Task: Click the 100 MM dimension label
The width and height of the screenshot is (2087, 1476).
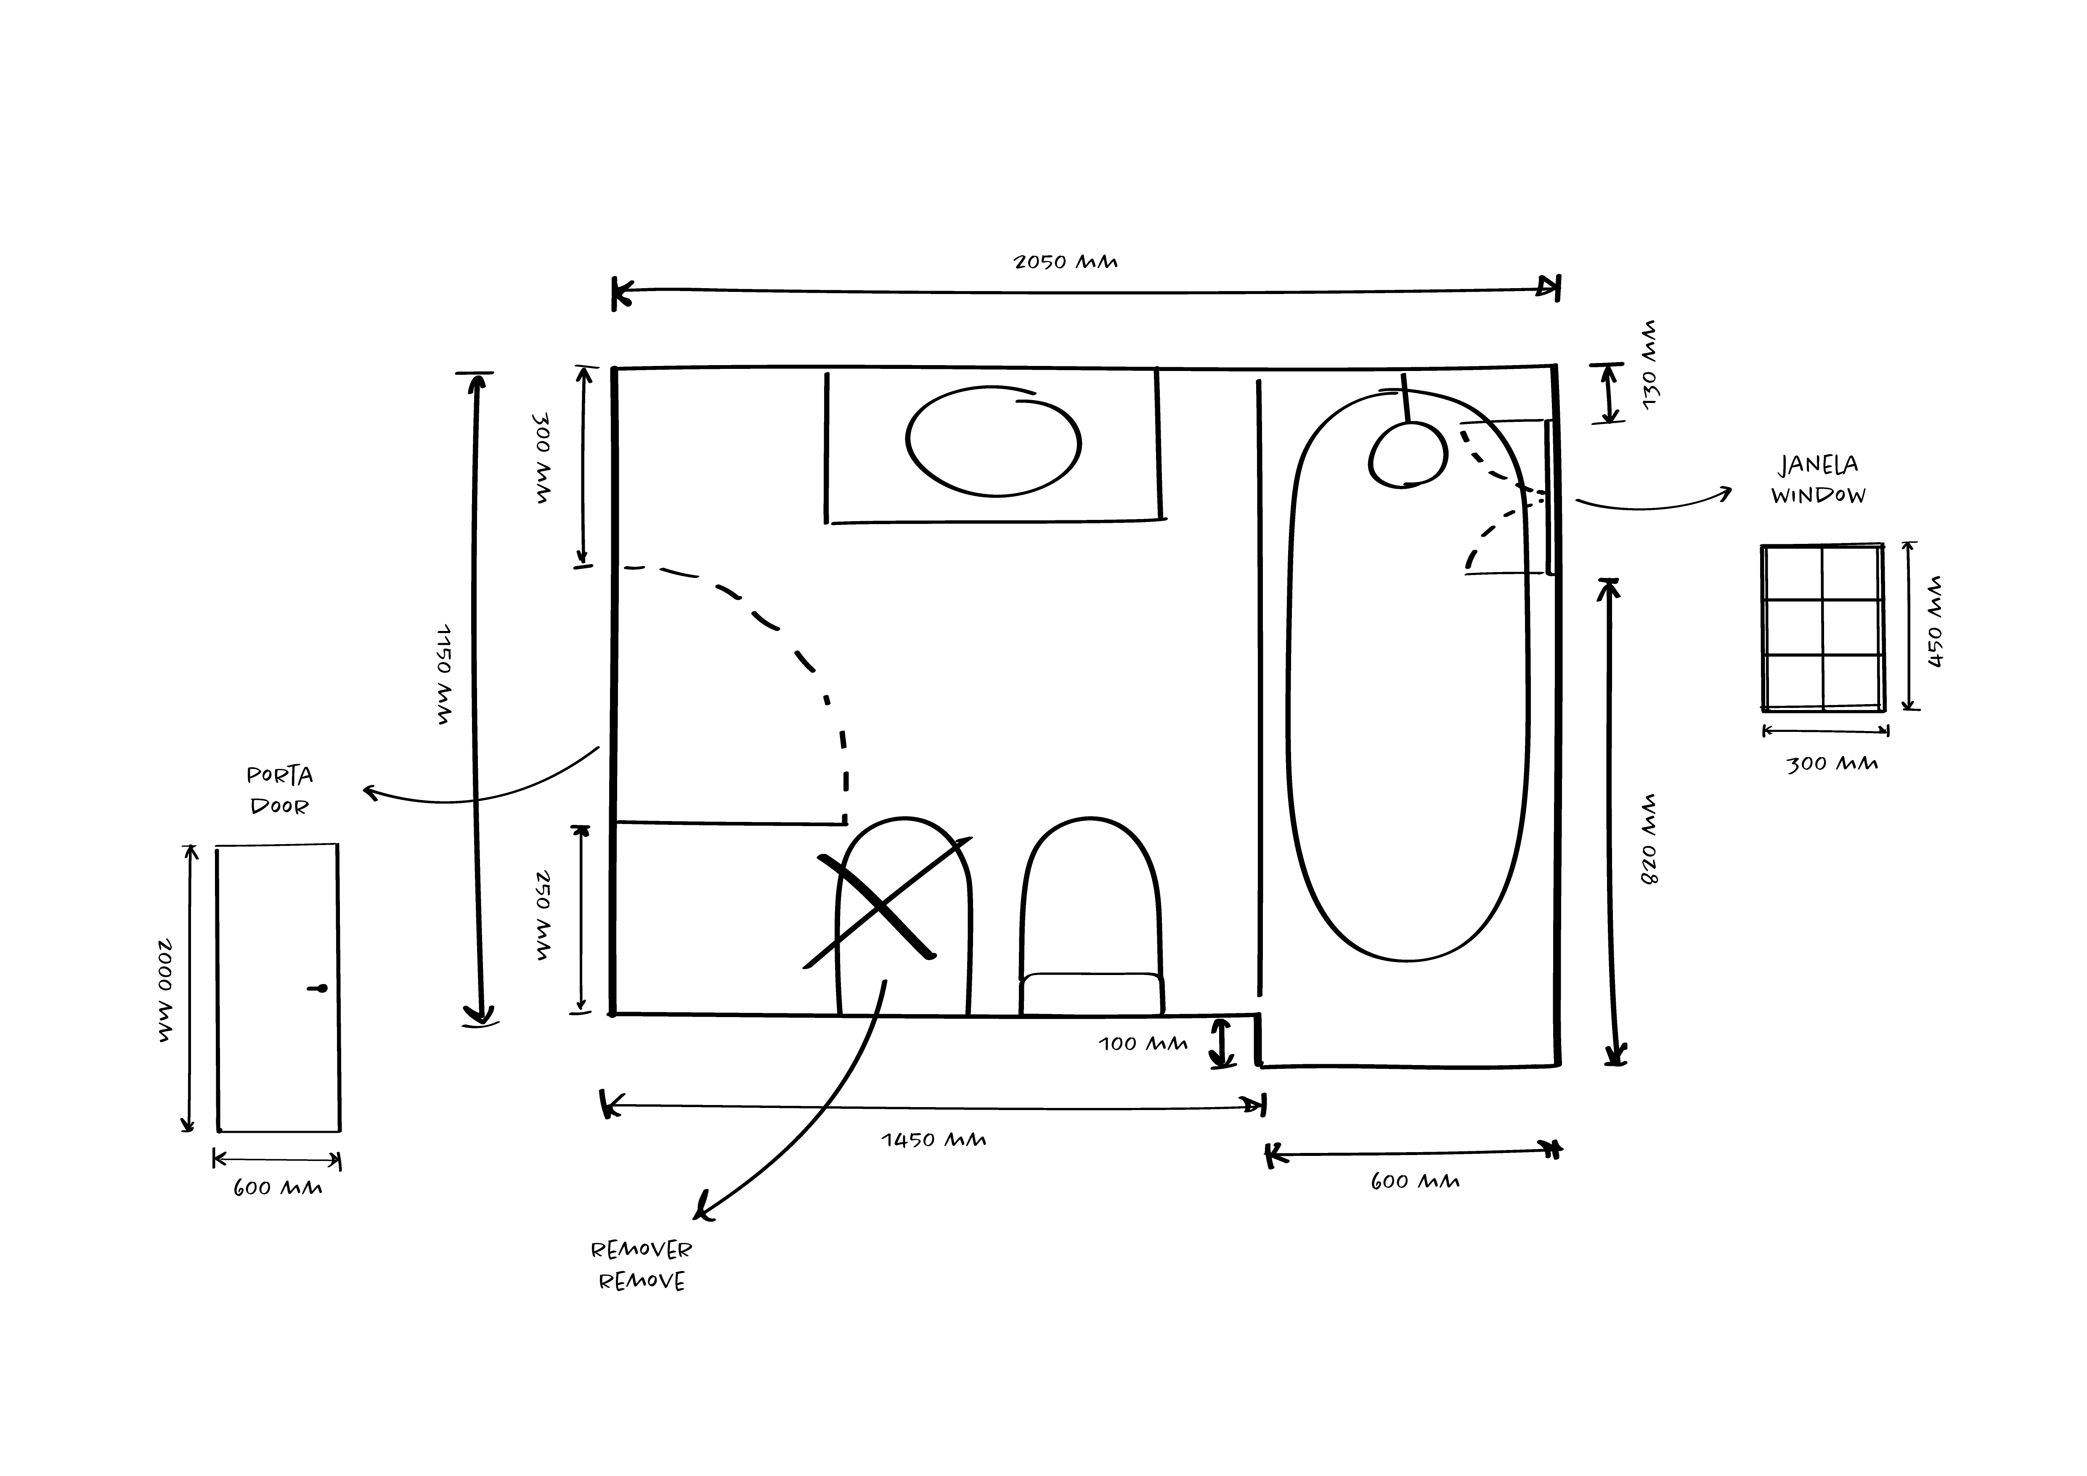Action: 1143,1043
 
